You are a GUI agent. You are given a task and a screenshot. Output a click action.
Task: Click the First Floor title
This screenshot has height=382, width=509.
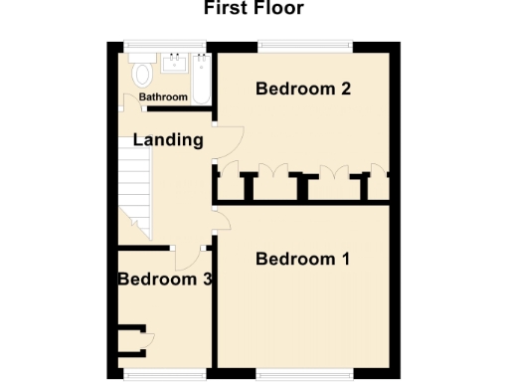coord(254,9)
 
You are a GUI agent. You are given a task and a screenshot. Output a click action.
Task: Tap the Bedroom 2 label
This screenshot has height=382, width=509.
coord(302,89)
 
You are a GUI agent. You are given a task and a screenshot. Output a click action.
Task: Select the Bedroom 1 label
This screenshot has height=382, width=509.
coord(302,260)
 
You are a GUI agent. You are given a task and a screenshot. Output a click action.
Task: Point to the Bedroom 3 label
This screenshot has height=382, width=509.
coord(164,280)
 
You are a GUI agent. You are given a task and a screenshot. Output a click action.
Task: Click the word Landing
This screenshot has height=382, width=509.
coord(168,140)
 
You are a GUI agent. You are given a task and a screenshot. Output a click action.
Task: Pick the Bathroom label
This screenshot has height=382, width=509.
coord(163,97)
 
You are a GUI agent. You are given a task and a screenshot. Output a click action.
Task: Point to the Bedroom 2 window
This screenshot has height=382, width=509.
coord(304,44)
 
